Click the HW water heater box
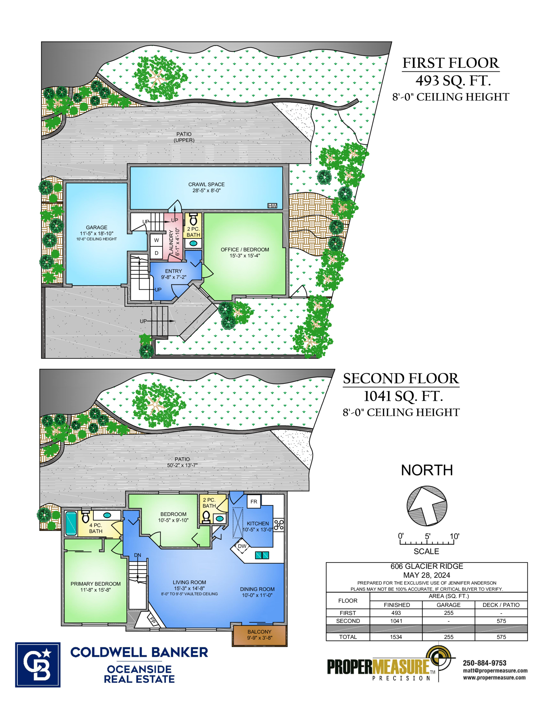(x=272, y=206)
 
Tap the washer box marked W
(x=156, y=240)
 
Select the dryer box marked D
(x=156, y=253)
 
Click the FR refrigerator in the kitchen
(x=254, y=502)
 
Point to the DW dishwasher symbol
(x=242, y=546)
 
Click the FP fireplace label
(x=153, y=620)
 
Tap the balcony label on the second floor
(x=260, y=634)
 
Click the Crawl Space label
(x=206, y=187)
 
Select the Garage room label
(x=96, y=233)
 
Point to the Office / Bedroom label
(x=245, y=253)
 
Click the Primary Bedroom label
(x=96, y=587)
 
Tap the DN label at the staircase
(x=137, y=555)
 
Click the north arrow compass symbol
(x=427, y=506)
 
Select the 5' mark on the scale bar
(x=428, y=536)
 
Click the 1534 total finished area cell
(x=396, y=637)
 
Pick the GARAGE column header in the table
(x=448, y=605)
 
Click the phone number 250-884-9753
(x=484, y=663)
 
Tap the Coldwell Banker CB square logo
(x=38, y=665)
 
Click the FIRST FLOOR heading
(x=451, y=63)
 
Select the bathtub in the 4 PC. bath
(x=71, y=523)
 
